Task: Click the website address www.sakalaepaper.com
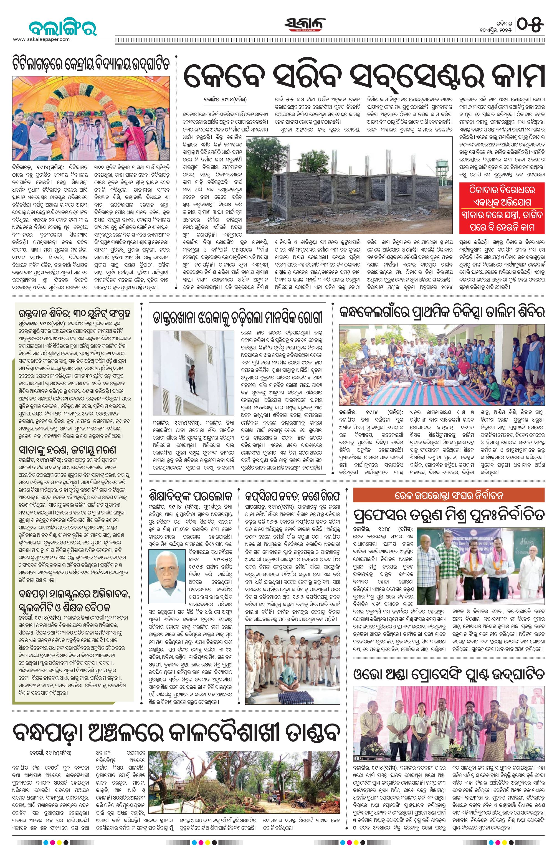(41, 39)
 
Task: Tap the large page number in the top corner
(530, 24)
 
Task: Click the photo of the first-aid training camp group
(442, 364)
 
